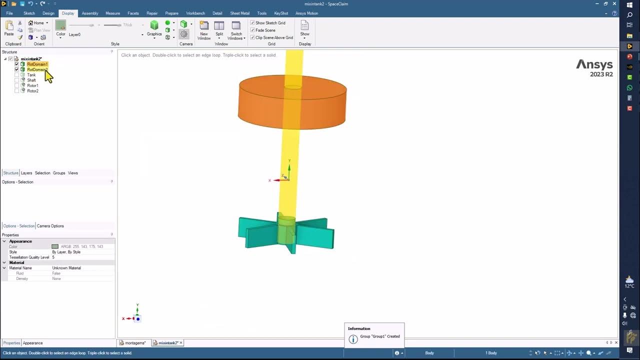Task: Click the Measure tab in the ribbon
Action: (x=112, y=13)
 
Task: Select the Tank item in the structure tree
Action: (x=31, y=75)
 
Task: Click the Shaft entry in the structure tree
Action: (x=31, y=80)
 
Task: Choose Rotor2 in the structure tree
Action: (x=33, y=91)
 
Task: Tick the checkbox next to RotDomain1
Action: (x=16, y=64)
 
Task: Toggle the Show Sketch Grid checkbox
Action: (x=252, y=23)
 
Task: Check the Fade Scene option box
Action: (x=252, y=30)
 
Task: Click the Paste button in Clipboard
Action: (x=9, y=28)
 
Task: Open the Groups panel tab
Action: (x=59, y=173)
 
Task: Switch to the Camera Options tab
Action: (x=50, y=226)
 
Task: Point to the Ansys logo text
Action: (x=594, y=65)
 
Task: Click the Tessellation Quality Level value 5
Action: (x=53, y=257)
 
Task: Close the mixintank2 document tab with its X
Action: (x=181, y=343)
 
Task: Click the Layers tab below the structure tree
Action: (x=26, y=173)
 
